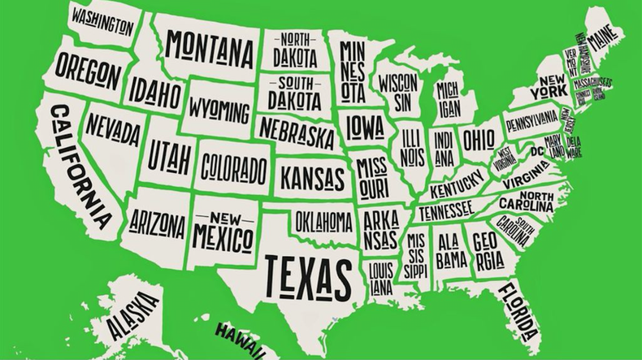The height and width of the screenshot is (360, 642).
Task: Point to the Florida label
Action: click(x=518, y=310)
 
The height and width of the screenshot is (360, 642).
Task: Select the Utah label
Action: click(x=167, y=154)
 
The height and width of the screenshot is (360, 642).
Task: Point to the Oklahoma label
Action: click(x=323, y=220)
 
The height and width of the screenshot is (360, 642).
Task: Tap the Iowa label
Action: click(x=365, y=127)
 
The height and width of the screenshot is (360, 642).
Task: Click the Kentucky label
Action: click(x=456, y=189)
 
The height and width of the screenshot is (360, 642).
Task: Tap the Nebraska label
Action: click(x=297, y=131)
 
